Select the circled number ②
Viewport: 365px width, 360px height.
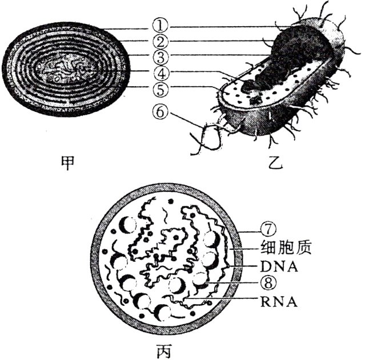162,41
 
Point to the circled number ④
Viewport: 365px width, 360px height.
162,72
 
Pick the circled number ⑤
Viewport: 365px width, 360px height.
162,88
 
